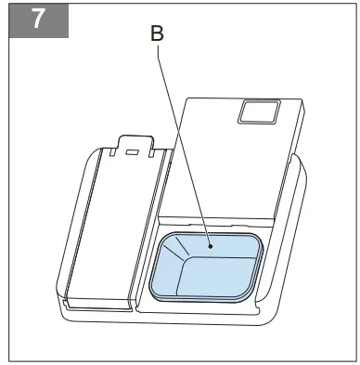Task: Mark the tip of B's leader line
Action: (x=211, y=247)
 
